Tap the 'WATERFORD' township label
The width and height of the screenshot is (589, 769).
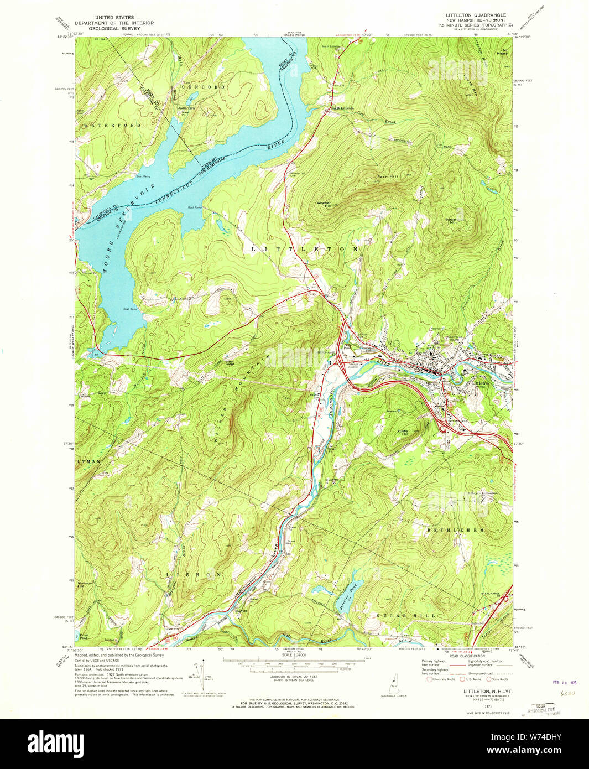coord(113,126)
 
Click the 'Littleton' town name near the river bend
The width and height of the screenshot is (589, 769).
coord(479,383)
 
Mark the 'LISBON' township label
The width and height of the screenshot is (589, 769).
coord(194,574)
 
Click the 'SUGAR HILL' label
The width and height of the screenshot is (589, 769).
coord(406,615)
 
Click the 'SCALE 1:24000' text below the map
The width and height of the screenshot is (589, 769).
coord(294,656)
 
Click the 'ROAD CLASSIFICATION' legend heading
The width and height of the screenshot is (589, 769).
coord(467,656)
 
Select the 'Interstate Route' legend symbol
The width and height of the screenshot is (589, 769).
coord(429,679)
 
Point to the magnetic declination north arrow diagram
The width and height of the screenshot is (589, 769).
coord(202,675)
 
